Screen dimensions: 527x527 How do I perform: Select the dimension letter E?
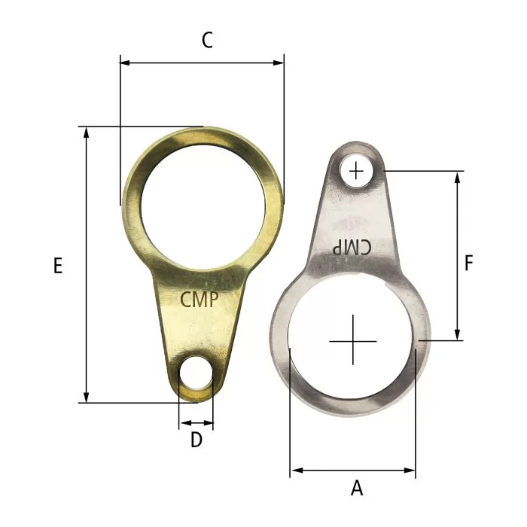click(x=58, y=266)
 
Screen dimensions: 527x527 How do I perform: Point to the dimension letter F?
click(x=468, y=263)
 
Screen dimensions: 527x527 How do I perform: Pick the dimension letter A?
click(x=357, y=489)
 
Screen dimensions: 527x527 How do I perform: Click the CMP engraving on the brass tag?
click(x=200, y=300)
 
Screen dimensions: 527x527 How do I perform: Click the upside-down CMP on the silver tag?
click(x=352, y=247)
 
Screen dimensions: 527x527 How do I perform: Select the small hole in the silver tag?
click(x=356, y=172)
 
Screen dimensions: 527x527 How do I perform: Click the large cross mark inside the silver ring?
click(x=352, y=341)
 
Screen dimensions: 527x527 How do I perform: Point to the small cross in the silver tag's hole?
click(x=356, y=172)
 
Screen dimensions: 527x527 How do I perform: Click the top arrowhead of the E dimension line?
click(x=87, y=133)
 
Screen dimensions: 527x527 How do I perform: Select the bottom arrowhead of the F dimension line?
click(x=457, y=335)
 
